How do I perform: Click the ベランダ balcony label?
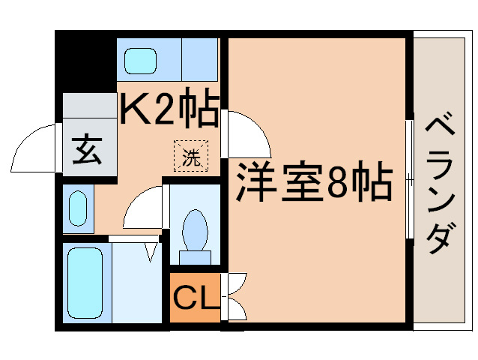pyautogui.click(x=441, y=184)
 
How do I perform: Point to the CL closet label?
pyautogui.click(x=196, y=298)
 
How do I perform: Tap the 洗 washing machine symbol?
pyautogui.click(x=192, y=157)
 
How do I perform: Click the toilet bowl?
pyautogui.click(x=196, y=228)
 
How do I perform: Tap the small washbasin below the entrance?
pyautogui.click(x=77, y=205)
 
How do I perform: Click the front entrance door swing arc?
pyautogui.click(x=34, y=150)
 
